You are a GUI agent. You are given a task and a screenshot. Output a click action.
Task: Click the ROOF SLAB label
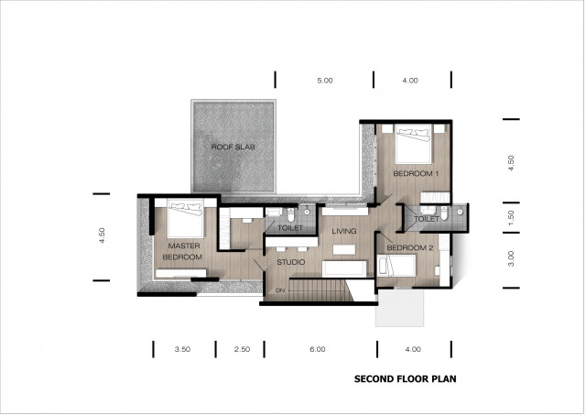pos(233,147)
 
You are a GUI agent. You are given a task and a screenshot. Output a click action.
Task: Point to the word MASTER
pos(183,246)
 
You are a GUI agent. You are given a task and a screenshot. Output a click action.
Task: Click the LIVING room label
pos(343,232)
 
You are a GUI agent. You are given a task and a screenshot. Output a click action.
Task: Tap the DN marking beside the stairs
pos(280,290)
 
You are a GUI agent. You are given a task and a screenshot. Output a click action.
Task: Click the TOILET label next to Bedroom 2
pos(427,220)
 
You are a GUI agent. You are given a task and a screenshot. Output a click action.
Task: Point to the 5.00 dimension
pos(325,81)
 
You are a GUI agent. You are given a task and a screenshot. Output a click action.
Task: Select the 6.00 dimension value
pos(318,349)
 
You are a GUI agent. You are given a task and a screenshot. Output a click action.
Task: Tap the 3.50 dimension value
pos(181,349)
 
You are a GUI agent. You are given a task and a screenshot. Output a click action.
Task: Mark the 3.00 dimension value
pos(511,258)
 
